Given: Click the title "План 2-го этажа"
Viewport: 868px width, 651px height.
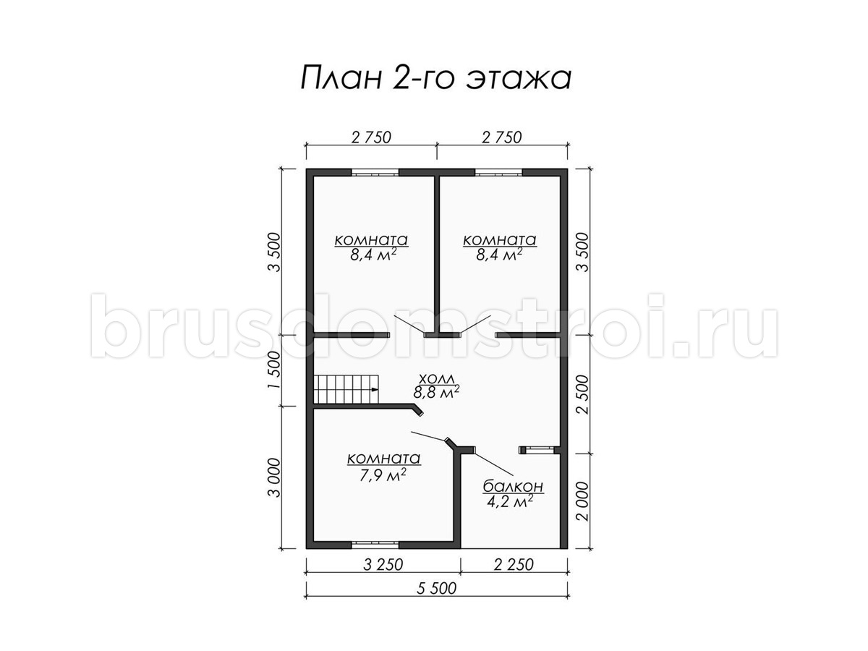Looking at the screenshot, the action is click(435, 78).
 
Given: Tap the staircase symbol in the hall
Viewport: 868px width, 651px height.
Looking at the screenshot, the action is click(346, 389).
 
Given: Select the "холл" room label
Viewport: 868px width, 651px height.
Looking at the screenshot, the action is click(437, 379).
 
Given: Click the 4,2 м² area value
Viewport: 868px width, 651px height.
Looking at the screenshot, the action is click(510, 501).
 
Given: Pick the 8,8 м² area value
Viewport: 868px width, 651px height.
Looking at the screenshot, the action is click(437, 392).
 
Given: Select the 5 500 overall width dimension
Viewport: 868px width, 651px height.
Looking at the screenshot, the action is click(437, 589).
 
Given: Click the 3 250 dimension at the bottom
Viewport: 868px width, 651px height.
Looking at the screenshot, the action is click(383, 565).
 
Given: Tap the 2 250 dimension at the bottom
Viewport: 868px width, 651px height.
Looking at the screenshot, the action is click(514, 565).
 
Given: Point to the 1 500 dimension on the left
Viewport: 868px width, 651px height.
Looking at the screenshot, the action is click(273, 370).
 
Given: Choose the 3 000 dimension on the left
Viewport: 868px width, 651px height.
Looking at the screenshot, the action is click(273, 477).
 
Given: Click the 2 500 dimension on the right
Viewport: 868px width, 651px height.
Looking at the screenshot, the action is click(583, 394).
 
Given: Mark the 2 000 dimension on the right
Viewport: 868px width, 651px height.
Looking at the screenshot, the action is click(583, 501).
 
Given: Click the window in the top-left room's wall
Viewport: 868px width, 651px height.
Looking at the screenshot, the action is click(375, 172).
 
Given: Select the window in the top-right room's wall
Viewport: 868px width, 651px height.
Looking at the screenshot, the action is click(498, 172).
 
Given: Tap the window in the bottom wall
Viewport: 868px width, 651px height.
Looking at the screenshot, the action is click(375, 545).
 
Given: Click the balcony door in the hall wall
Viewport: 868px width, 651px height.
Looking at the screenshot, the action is click(537, 449).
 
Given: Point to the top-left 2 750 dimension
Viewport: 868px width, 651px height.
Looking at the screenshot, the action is click(371, 137).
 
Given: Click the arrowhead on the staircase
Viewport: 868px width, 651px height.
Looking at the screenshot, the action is click(375, 390).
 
